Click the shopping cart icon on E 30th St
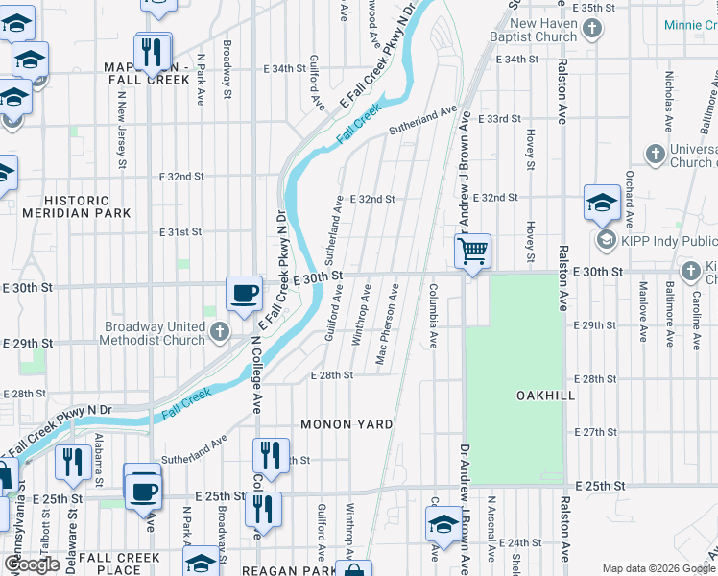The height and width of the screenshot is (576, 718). point(472,252)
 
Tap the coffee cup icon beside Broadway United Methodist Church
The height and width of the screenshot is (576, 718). point(244,293)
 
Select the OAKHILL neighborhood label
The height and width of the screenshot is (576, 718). point(517,396)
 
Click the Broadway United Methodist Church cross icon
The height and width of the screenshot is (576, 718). point(219,333)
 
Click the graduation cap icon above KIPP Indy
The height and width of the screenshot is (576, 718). point(602,204)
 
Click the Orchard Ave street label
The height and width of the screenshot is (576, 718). point(630,192)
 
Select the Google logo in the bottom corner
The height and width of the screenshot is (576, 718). point(33,564)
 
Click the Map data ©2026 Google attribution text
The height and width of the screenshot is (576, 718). point(658,568)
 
